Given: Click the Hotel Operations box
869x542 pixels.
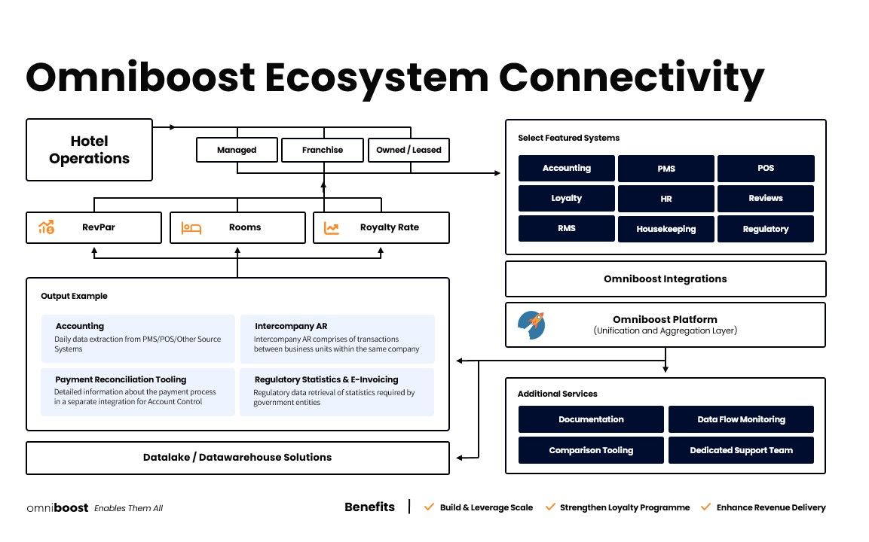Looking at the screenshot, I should click(89, 150).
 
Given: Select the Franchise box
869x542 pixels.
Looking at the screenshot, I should click(323, 150).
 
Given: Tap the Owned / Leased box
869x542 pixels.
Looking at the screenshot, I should click(408, 150).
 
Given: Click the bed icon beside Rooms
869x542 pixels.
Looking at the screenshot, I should click(191, 227).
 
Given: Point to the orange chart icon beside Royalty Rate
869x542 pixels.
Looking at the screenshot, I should click(331, 227).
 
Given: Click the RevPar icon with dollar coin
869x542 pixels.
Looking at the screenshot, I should click(46, 227).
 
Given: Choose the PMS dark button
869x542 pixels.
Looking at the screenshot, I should click(666, 169).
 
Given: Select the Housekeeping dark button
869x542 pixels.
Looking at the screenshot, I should click(666, 229).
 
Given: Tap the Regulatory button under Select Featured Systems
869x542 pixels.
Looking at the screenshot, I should click(765, 229).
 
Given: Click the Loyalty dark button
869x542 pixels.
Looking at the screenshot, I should click(566, 199).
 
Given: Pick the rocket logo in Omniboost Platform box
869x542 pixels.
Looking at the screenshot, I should click(532, 324).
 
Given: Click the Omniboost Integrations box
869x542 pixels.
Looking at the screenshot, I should click(665, 279).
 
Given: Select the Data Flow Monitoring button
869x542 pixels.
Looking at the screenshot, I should click(741, 419).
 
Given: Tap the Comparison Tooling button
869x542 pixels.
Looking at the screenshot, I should click(591, 450).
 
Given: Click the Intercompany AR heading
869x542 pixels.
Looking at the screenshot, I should click(291, 327).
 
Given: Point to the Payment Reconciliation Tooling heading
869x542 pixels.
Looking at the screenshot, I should click(121, 379).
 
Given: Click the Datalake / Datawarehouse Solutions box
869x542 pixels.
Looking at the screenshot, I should click(237, 457).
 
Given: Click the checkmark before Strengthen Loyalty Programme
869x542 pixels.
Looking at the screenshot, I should click(550, 507).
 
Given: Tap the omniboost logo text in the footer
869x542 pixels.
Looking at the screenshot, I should click(57, 508).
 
